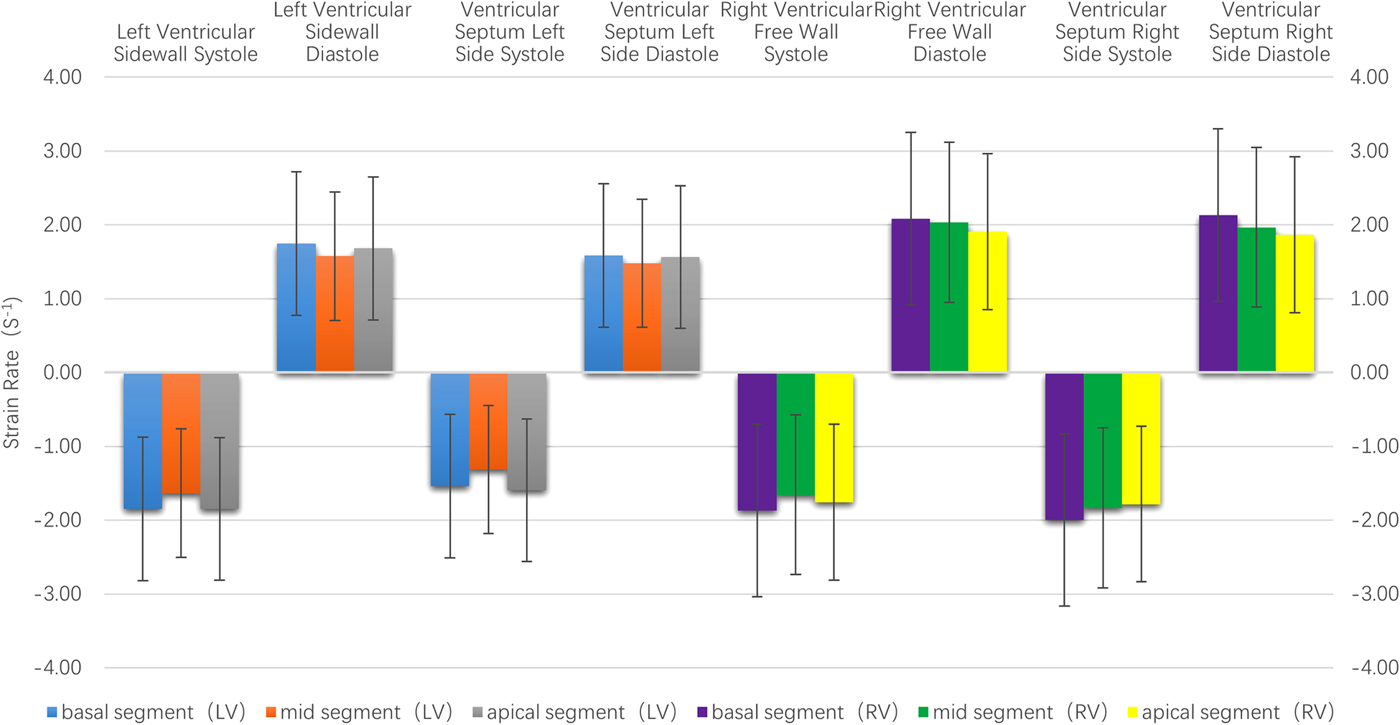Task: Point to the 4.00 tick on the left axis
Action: (62, 77)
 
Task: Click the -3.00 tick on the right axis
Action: (1374, 594)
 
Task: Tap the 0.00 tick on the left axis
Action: (62, 372)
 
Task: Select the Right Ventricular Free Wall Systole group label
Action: (795, 32)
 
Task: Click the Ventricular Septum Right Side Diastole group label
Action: (1270, 32)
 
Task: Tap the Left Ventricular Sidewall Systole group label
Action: (185, 43)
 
